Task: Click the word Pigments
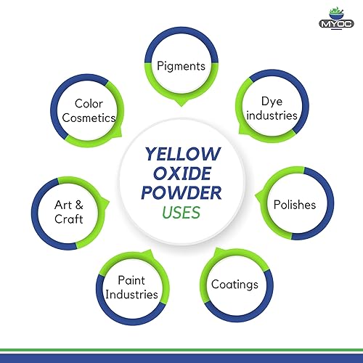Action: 181,66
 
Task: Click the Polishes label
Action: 295,204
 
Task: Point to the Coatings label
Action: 234,284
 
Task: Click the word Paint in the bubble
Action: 131,281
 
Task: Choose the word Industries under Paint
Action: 131,294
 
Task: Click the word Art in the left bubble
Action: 60,205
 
